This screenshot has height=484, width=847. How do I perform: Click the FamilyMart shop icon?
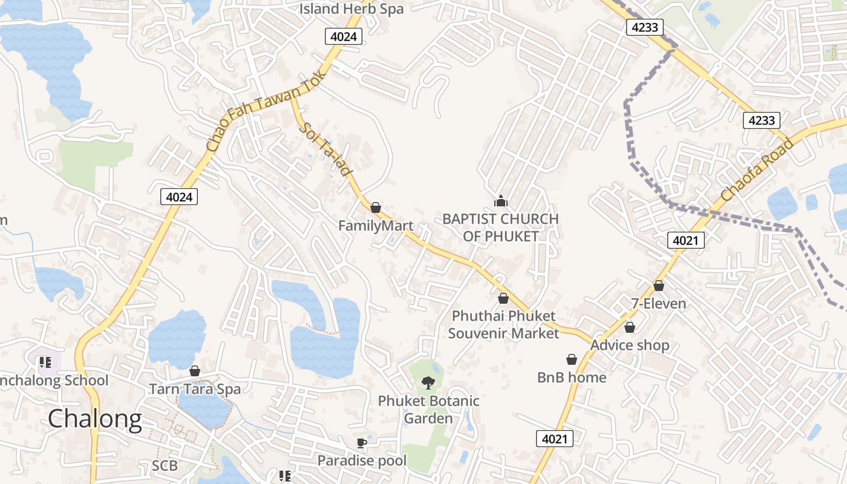pyautogui.click(x=376, y=208)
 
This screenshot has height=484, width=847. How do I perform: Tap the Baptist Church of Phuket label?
pyautogui.click(x=500, y=227)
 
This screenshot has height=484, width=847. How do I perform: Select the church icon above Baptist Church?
pyautogui.click(x=500, y=201)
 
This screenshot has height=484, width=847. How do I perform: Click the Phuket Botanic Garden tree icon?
pyautogui.click(x=428, y=382)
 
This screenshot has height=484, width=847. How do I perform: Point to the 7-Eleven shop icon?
pyautogui.click(x=659, y=286)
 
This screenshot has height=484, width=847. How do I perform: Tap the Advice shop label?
pyautogui.click(x=630, y=345)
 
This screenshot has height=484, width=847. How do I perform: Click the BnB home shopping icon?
pyautogui.click(x=571, y=360)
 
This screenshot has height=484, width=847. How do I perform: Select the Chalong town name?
pyautogui.click(x=95, y=419)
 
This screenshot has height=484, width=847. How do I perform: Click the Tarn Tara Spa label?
pyautogui.click(x=195, y=389)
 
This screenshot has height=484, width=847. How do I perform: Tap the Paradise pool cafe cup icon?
pyautogui.click(x=362, y=443)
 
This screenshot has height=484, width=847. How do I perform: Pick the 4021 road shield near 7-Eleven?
pyautogui.click(x=686, y=240)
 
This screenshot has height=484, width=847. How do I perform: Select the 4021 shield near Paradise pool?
pyautogui.click(x=554, y=439)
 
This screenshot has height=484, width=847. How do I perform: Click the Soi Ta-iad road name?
pyautogui.click(x=326, y=150)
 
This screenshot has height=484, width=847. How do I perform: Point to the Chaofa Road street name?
pyautogui.click(x=757, y=170)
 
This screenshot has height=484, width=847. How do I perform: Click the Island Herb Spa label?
pyautogui.click(x=352, y=9)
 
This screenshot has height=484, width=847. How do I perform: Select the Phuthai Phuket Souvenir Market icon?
pyautogui.click(x=503, y=298)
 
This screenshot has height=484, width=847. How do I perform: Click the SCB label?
pyautogui.click(x=165, y=465)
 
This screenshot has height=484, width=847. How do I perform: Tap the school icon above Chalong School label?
pyautogui.click(x=45, y=363)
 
